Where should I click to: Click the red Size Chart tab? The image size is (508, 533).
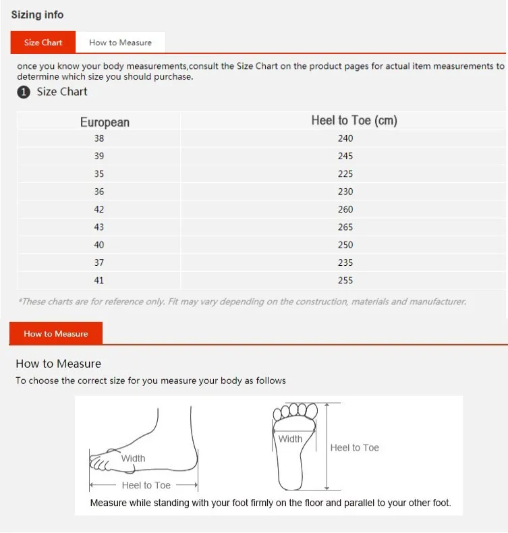[43, 42]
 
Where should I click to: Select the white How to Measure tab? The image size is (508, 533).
[120, 43]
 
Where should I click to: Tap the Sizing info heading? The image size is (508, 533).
[37, 15]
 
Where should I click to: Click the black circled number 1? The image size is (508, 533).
[24, 92]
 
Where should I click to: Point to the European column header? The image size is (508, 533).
[105, 122]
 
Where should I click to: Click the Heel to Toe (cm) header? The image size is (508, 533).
[354, 120]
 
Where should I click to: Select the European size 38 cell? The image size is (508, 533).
[99, 138]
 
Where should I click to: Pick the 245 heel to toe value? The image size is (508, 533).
[345, 156]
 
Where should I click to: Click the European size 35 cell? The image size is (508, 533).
[99, 173]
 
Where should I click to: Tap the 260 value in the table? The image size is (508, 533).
[345, 209]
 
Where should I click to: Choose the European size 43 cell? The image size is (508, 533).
[99, 227]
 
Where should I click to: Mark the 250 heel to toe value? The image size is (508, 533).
[345, 245]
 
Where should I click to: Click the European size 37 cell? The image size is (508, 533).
[99, 262]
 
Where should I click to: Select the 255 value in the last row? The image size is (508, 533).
[345, 280]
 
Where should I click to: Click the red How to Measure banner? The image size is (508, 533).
[56, 333]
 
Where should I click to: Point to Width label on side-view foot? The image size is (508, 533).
[133, 458]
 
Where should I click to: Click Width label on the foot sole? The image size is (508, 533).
[290, 439]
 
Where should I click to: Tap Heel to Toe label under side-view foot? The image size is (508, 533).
[146, 485]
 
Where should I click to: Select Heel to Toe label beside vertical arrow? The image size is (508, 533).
[354, 447]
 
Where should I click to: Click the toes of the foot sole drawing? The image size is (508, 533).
[295, 411]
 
